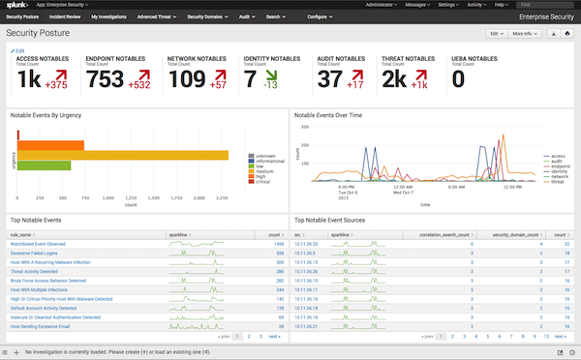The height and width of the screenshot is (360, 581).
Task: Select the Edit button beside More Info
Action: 495,33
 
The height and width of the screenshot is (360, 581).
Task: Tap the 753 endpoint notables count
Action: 106,81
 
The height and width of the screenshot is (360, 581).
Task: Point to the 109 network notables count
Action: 187,81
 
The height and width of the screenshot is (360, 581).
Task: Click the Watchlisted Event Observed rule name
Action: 38,245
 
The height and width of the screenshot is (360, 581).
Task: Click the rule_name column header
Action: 21,233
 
